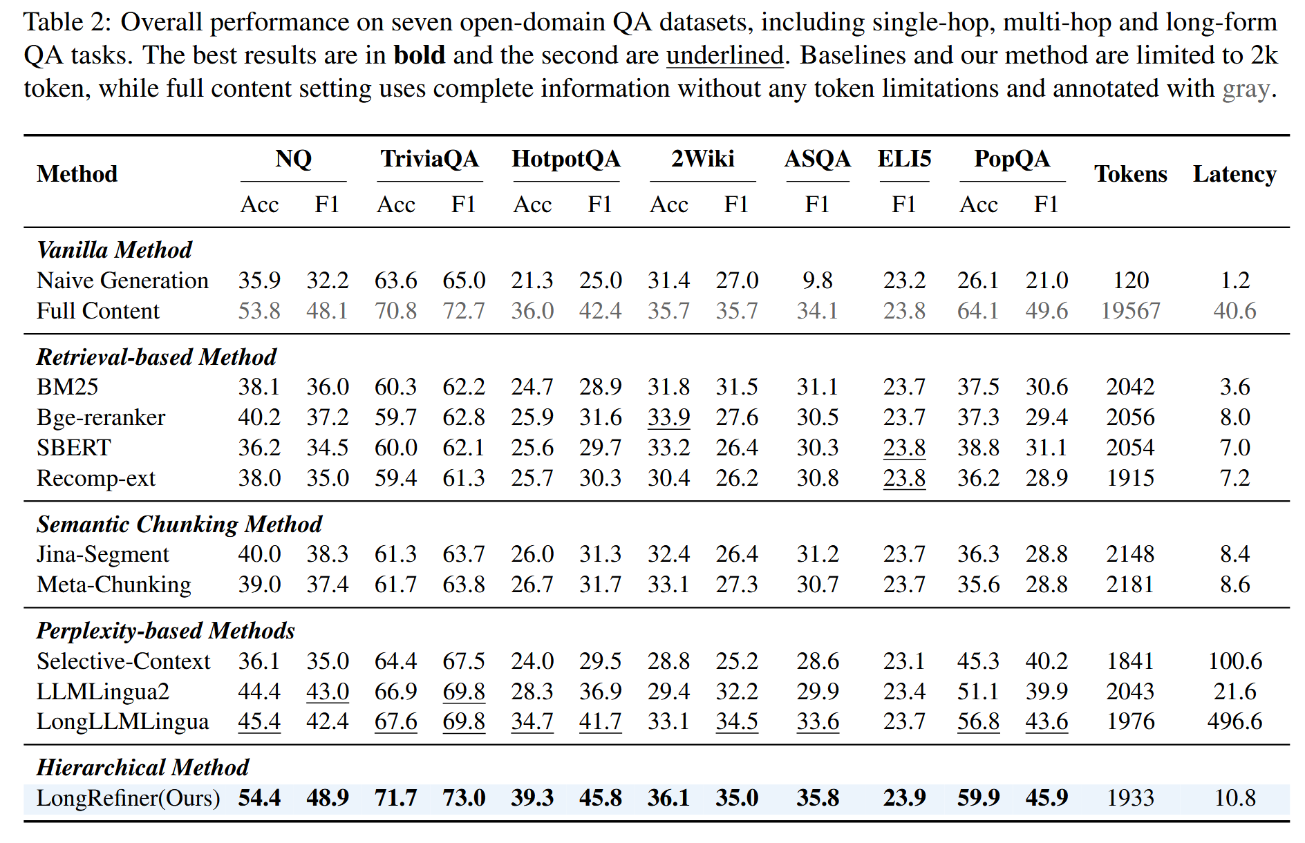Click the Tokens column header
tap(1130, 174)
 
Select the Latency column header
tap(1234, 175)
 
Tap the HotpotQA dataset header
tap(566, 160)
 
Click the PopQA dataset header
tap(1012, 160)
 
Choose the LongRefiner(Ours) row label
tap(129, 798)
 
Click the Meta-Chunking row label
tap(114, 585)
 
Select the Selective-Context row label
tap(124, 661)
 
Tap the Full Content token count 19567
tap(1130, 311)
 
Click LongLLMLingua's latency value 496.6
tap(1234, 721)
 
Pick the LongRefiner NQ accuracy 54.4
tap(259, 798)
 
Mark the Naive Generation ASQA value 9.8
tap(818, 281)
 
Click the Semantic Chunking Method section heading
tap(180, 524)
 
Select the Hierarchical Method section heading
tap(143, 768)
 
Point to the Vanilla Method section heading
tap(115, 250)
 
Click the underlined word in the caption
tap(725, 55)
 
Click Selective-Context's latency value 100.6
tap(1234, 661)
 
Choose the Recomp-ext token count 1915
tap(1130, 478)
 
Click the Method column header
tap(77, 174)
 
